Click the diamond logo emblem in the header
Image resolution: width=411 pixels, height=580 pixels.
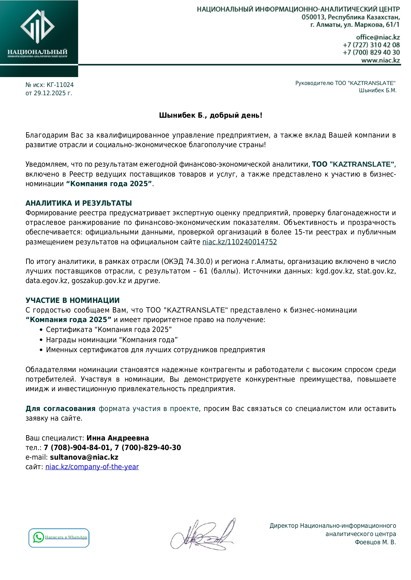37,26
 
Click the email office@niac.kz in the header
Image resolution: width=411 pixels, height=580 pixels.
378,37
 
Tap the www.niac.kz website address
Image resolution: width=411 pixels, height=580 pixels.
380,60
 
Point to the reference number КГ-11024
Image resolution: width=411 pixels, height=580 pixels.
60,85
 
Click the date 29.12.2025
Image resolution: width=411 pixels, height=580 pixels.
50,93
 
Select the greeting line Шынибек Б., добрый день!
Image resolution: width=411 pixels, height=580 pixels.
211,115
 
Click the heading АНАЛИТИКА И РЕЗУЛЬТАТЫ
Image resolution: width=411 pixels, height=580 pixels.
78,203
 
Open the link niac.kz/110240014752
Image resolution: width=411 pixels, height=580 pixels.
239,242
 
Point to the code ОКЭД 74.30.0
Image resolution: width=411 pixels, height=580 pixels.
187,262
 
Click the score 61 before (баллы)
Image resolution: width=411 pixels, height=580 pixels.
203,271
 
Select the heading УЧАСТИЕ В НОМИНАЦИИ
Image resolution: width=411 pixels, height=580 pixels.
73,300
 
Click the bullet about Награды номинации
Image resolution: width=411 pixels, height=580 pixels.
112,340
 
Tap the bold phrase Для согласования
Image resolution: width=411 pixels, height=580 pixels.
60,409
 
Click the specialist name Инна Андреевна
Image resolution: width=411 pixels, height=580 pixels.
118,438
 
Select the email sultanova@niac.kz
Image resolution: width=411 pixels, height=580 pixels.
84,457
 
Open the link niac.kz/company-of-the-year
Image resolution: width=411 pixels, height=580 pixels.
92,467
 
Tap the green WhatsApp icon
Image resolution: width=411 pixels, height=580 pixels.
38,537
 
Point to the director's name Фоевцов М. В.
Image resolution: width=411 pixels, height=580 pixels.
375,542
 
